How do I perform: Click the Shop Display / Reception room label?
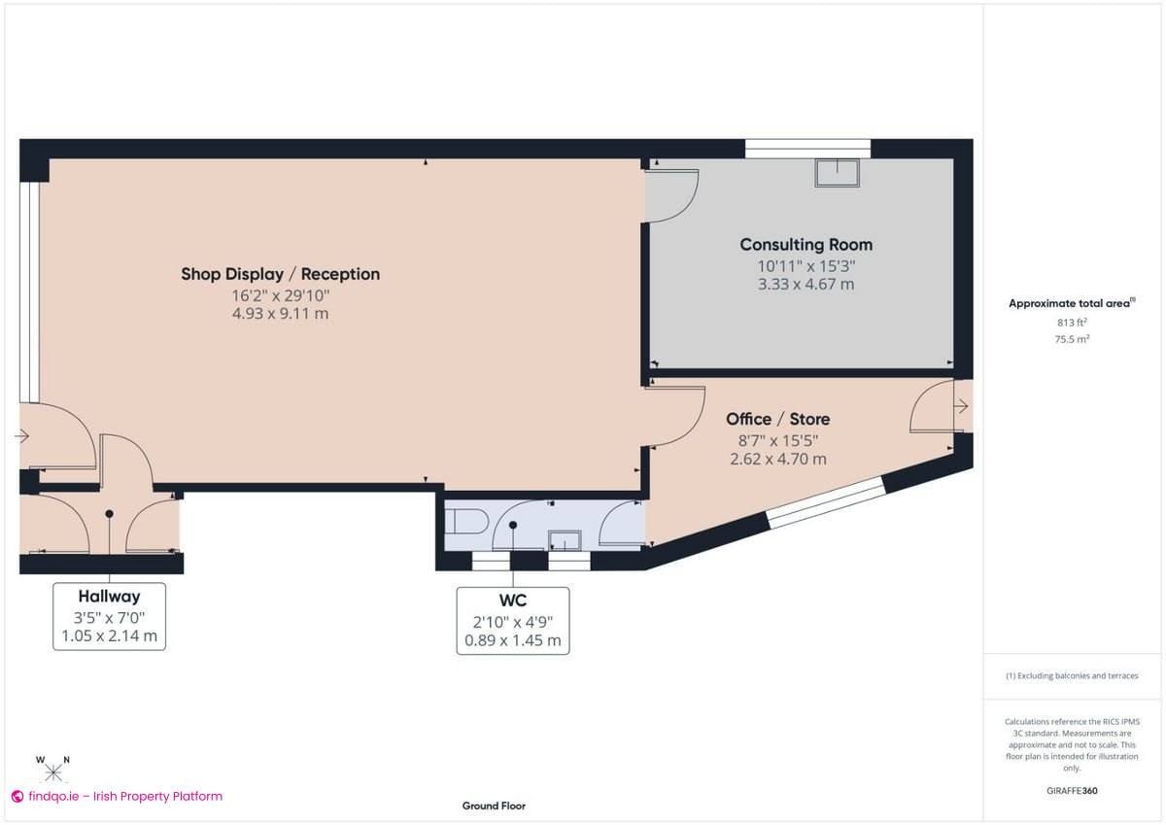[x=280, y=274]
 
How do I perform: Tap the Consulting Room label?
[x=806, y=245]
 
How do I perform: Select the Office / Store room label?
[x=777, y=419]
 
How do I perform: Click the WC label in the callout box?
[x=512, y=602]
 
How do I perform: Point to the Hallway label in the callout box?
[x=109, y=597]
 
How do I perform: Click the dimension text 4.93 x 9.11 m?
[x=280, y=314]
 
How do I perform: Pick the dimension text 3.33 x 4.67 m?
[x=806, y=285]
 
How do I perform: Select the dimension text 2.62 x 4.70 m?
[x=777, y=459]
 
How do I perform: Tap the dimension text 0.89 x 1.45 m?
[x=512, y=641]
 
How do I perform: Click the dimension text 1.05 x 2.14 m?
[x=109, y=637]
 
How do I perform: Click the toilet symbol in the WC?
[x=466, y=520]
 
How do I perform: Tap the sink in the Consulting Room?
[x=837, y=172]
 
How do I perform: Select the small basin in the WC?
[x=564, y=539]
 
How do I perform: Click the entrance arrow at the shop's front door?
[x=22, y=437]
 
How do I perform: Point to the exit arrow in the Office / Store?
[x=961, y=406]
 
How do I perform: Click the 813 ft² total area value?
[x=1071, y=323]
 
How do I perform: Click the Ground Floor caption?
[x=494, y=806]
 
